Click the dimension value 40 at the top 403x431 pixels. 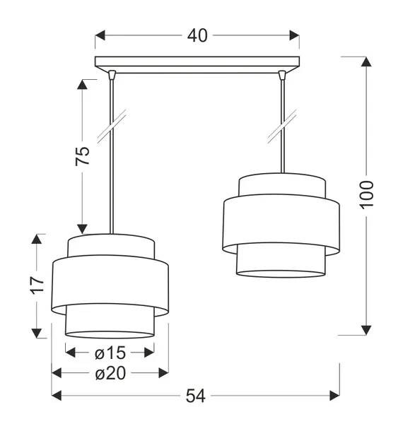coord(197,35)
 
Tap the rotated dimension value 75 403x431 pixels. coord(83,156)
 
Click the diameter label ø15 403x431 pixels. coord(110,353)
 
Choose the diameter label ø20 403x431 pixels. coord(110,373)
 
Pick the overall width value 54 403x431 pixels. coord(195,396)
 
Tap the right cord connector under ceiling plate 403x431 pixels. coord(282,73)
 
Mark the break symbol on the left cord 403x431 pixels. coord(111,124)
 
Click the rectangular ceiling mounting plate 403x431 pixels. coord(197,62)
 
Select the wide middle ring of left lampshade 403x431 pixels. coord(110,285)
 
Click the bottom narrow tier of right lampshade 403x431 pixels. coord(281,261)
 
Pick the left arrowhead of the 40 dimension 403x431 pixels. coord(100,35)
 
